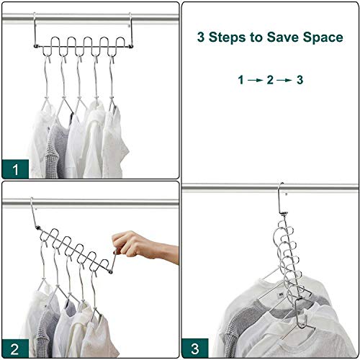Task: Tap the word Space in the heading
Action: pyautogui.click(x=323, y=37)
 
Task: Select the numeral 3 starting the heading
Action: pyautogui.click(x=201, y=37)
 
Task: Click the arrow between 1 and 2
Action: pyautogui.click(x=255, y=80)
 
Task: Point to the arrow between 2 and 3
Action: pyautogui.click(x=284, y=80)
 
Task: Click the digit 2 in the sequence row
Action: pyautogui.click(x=270, y=80)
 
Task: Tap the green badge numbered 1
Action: pyautogui.click(x=15, y=169)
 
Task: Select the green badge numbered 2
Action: pyautogui.click(x=15, y=348)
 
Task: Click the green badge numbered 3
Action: pyautogui.click(x=195, y=348)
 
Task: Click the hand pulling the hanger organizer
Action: pyautogui.click(x=145, y=246)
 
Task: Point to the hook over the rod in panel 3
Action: pyautogui.click(x=280, y=199)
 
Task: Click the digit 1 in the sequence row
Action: pyautogui.click(x=240, y=80)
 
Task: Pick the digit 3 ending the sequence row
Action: pyautogui.click(x=300, y=80)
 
